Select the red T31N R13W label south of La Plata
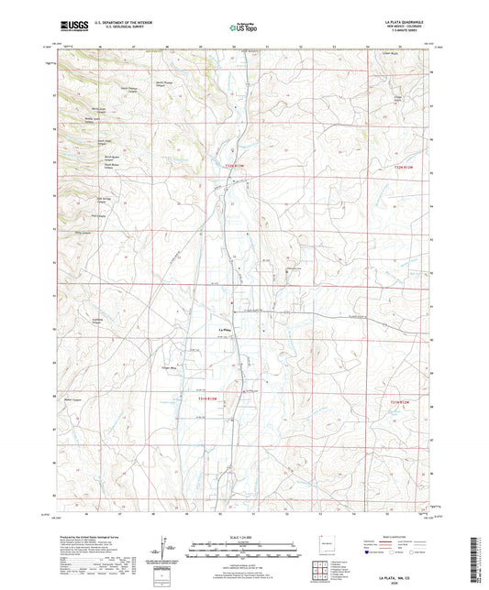(209, 398)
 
